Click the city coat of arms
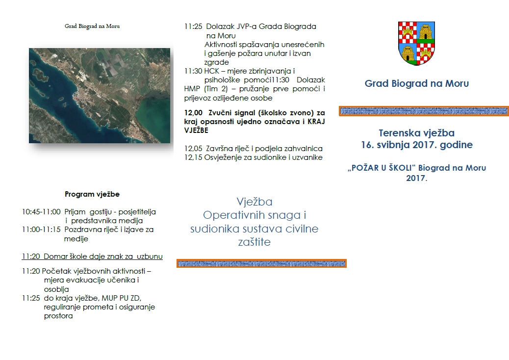tap(417, 44)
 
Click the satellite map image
tap(100, 96)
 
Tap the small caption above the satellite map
tap(92, 26)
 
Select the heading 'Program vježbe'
tap(92, 194)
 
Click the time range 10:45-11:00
tap(41, 212)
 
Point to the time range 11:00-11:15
tap(41, 230)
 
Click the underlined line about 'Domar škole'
tap(92, 257)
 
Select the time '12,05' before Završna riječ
tap(193, 149)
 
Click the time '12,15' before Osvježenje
tap(193, 157)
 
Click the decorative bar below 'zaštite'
tap(261, 264)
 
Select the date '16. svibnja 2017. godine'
tap(417, 145)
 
